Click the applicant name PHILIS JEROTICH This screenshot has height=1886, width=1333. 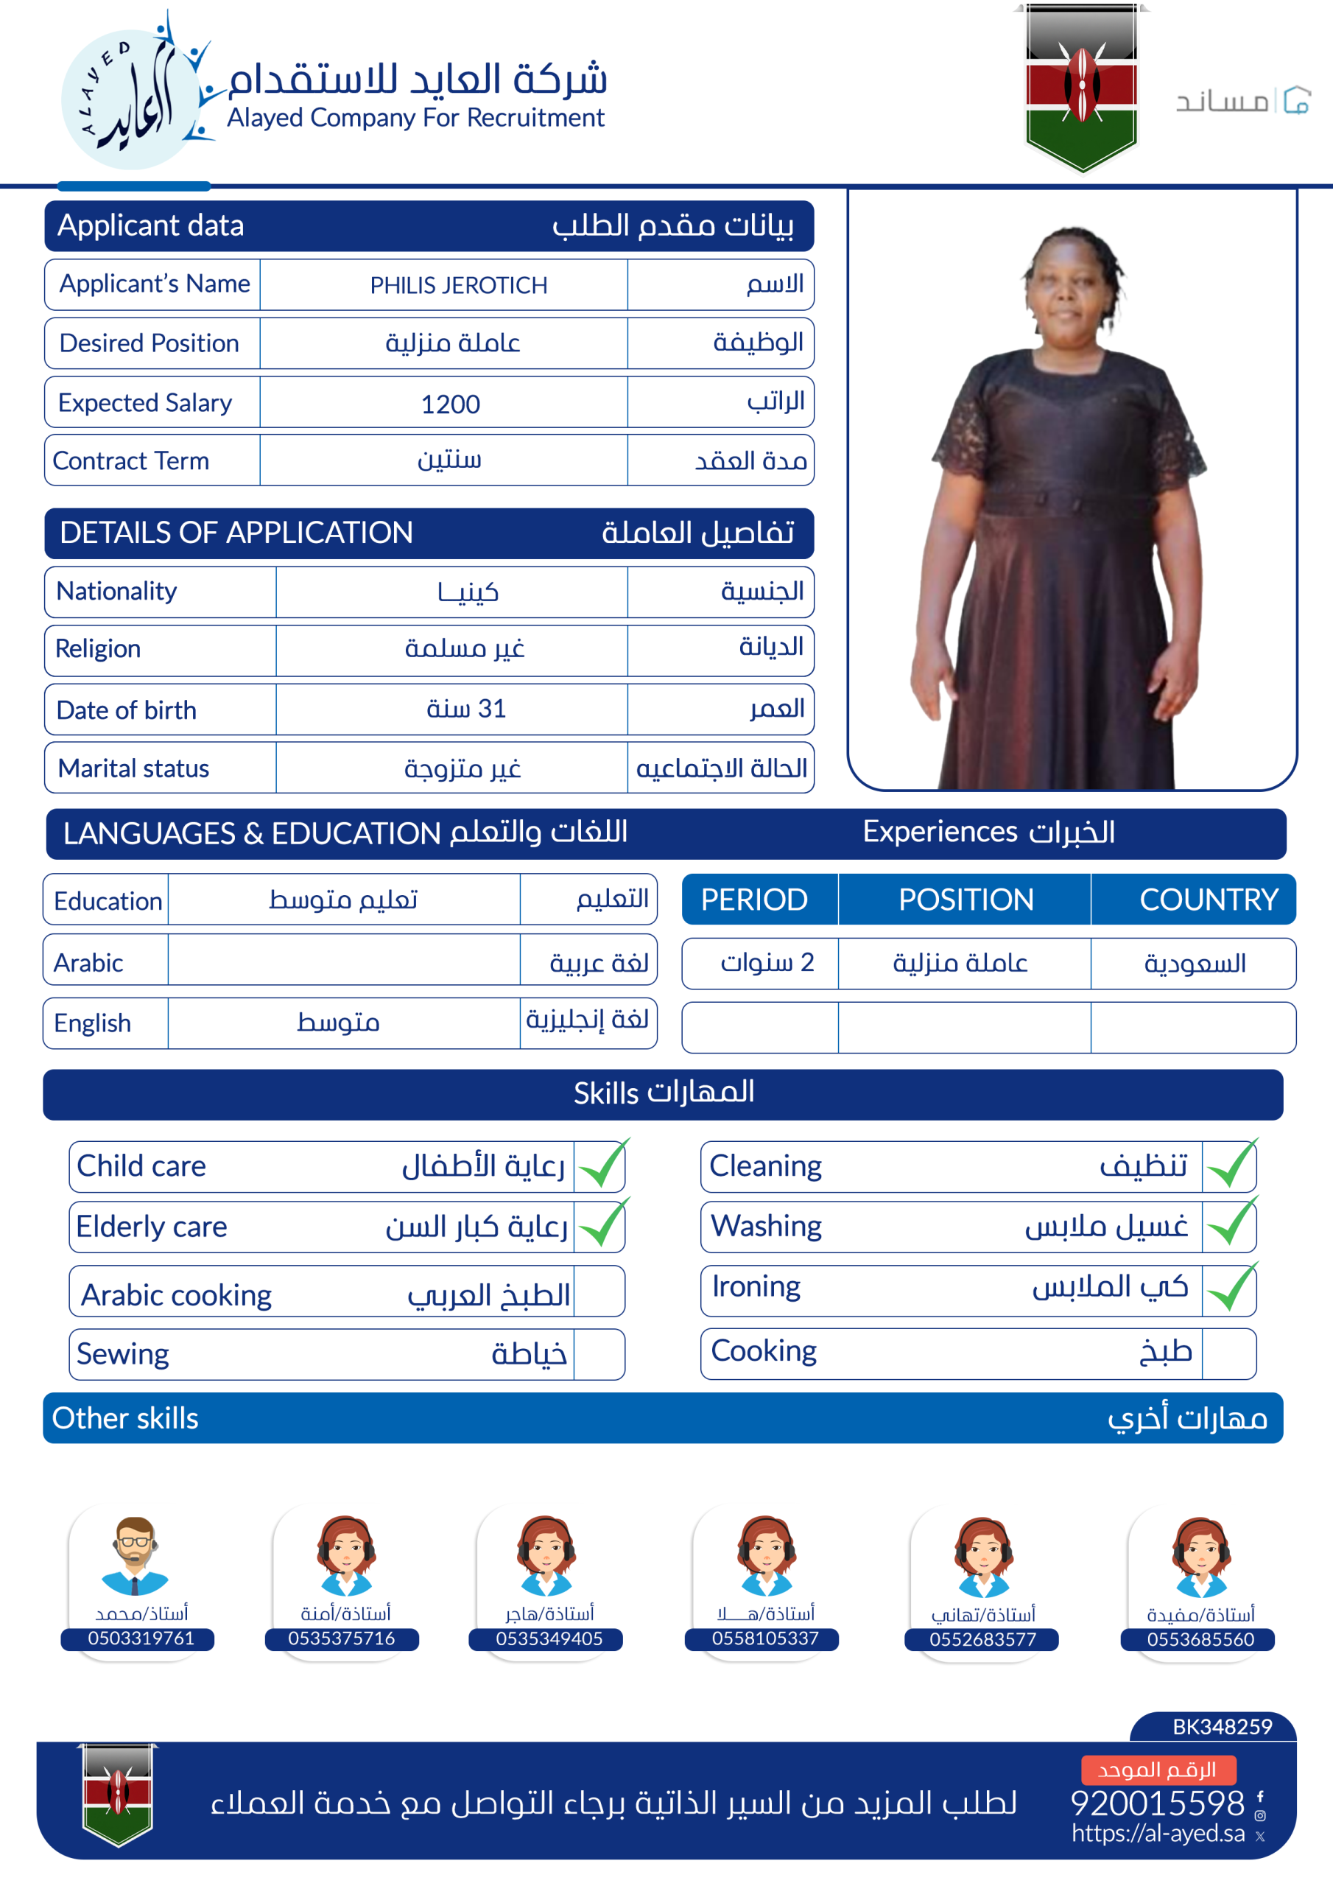coord(458,285)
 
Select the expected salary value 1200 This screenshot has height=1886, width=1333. coord(450,403)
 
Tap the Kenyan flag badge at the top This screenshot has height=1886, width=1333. coord(1082,87)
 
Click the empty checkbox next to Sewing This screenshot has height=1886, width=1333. coord(599,1353)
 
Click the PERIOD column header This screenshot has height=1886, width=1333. coord(754,900)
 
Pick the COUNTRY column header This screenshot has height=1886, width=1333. coord(1207,900)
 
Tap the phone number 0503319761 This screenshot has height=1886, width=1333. coord(141,1638)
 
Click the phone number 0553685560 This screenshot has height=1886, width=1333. coord(1200,1638)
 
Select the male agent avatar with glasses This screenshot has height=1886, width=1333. coord(135,1554)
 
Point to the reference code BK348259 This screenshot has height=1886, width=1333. coord(1221,1727)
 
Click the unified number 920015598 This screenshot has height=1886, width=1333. coord(1156,1803)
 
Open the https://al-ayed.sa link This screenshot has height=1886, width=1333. coord(1157,1833)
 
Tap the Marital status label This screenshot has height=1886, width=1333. coord(134,768)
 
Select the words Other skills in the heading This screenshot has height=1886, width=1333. coord(125,1417)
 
